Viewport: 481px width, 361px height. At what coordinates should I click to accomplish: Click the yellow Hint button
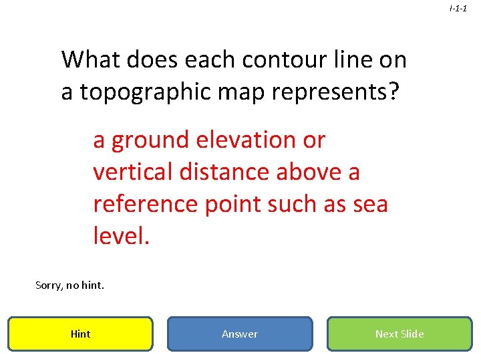[x=80, y=334]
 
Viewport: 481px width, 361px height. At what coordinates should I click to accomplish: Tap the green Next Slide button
[x=399, y=334]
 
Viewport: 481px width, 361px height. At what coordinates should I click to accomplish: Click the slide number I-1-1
[x=458, y=9]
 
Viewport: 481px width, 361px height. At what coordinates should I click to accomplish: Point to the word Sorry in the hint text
[x=49, y=285]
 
